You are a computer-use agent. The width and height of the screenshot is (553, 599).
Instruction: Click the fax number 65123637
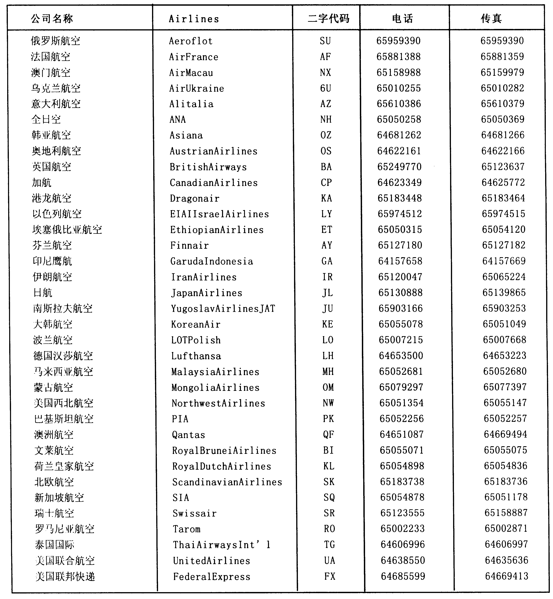tap(503, 167)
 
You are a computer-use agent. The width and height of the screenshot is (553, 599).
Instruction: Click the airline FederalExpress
tap(212, 577)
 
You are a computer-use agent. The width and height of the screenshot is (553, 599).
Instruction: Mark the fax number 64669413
tap(507, 576)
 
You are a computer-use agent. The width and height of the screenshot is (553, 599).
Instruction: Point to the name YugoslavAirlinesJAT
tap(223, 309)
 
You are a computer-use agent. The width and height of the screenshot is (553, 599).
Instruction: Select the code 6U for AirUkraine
tap(326, 88)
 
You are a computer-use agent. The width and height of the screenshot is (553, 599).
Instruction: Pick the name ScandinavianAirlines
tap(227, 482)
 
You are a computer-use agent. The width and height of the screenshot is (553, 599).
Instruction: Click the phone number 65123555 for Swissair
tap(402, 513)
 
